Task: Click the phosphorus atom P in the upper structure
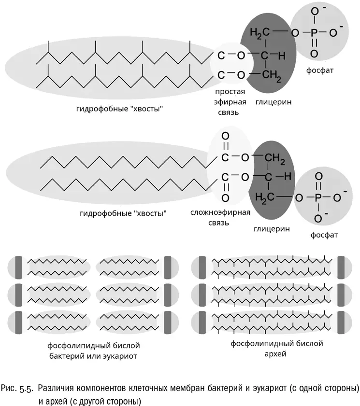point(315,33)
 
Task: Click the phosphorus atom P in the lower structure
point(317,197)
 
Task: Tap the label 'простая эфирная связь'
point(230,102)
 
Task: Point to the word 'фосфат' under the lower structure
point(325,235)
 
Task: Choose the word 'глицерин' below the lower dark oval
point(272,228)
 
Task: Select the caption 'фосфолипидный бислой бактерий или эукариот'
point(93,350)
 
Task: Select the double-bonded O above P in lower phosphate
point(317,177)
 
